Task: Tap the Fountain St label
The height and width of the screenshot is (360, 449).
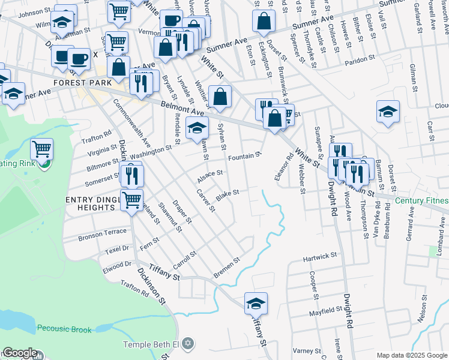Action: point(245,156)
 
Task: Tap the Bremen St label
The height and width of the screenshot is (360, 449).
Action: point(226,268)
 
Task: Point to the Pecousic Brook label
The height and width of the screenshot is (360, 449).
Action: point(64,329)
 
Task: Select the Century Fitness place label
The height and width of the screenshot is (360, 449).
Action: point(421,200)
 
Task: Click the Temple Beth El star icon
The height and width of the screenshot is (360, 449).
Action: point(188,344)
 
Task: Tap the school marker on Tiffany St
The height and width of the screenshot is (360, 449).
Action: point(256,304)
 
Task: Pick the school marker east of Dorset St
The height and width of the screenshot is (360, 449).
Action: point(388,112)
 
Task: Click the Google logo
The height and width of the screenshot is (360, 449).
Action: point(20,353)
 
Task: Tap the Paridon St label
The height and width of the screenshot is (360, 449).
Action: point(360,59)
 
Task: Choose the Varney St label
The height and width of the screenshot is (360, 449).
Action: point(307,350)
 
